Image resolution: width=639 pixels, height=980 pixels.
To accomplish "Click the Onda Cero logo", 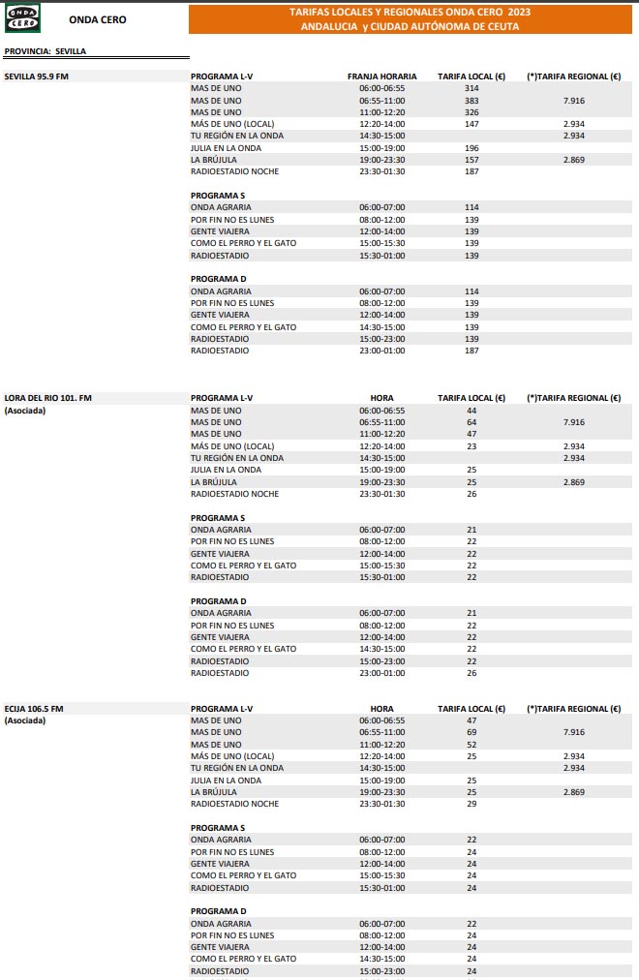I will click(x=23, y=18).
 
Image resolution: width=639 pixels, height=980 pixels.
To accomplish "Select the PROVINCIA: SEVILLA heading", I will click(x=46, y=51).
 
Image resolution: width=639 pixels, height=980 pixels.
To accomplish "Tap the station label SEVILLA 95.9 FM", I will click(x=37, y=76).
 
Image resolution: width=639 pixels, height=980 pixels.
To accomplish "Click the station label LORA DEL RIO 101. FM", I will click(x=48, y=398).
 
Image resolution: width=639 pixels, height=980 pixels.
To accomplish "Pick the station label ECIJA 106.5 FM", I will click(x=35, y=709).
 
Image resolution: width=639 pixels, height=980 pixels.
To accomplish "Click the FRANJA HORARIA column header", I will click(x=382, y=76).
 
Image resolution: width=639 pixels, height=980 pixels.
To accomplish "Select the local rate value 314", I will click(x=472, y=88).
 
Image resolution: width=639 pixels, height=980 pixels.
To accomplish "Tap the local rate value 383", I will click(x=472, y=100).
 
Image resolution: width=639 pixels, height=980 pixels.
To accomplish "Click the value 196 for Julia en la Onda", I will click(x=472, y=148).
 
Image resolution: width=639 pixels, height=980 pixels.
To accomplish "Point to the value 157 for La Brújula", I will click(x=472, y=160).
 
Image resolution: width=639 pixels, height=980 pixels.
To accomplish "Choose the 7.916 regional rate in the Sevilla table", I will click(x=573, y=100).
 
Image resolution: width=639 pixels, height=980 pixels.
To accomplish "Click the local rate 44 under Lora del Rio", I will click(x=472, y=411).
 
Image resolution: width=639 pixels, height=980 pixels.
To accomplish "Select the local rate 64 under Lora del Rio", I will click(x=472, y=422).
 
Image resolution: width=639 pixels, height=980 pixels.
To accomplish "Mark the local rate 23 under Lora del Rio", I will click(x=472, y=446).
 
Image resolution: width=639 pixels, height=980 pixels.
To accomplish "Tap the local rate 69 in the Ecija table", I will click(x=472, y=732).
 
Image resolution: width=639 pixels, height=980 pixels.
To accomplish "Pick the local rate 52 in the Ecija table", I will click(x=472, y=745).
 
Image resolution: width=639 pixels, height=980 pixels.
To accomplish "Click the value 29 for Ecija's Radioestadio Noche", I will click(x=472, y=804).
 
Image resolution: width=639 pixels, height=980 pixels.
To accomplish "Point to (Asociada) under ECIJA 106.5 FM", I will click(x=25, y=720).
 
